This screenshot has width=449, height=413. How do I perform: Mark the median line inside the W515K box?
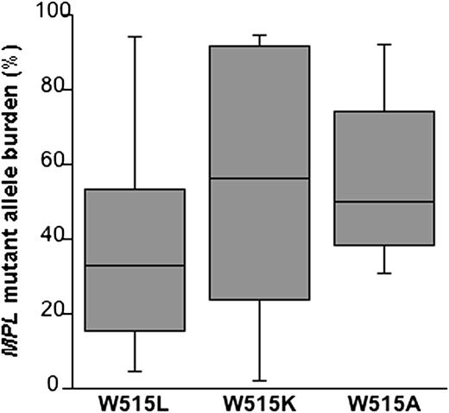click(x=259, y=178)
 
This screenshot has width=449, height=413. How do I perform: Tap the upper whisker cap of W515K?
click(x=259, y=35)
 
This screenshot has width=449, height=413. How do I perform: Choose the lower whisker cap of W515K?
click(x=259, y=380)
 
